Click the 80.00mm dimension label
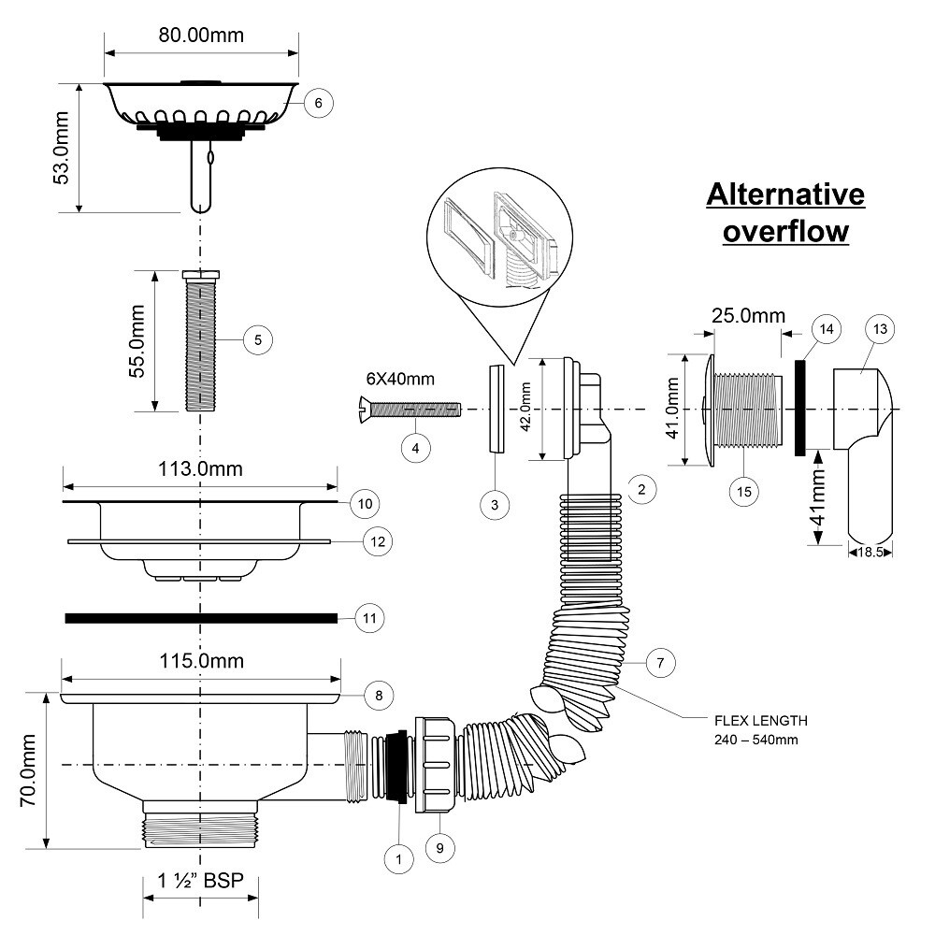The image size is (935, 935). pyautogui.click(x=201, y=36)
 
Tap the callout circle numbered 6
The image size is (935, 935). pyautogui.click(x=319, y=103)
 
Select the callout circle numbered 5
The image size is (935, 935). pyautogui.click(x=257, y=339)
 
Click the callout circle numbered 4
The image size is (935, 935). pyautogui.click(x=416, y=447)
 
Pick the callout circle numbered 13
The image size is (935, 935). pyautogui.click(x=880, y=329)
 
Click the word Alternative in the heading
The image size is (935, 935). pyautogui.click(x=785, y=195)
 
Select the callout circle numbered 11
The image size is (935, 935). pyautogui.click(x=371, y=618)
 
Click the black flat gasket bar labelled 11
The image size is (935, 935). pyautogui.click(x=200, y=618)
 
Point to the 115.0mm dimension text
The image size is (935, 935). pyautogui.click(x=200, y=661)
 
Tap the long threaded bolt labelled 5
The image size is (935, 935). pyautogui.click(x=199, y=340)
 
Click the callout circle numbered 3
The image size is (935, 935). pyautogui.click(x=495, y=504)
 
